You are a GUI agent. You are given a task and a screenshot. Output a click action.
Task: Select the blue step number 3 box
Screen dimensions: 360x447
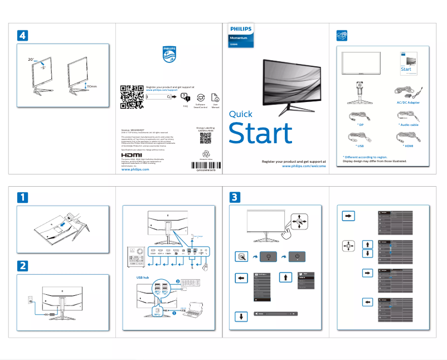(x=235, y=197)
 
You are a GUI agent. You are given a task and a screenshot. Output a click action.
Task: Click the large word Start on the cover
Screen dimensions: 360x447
(x=260, y=134)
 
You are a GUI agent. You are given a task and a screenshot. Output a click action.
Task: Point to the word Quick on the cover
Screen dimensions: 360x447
(x=241, y=114)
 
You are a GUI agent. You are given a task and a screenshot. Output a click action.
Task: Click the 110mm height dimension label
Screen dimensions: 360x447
(x=91, y=87)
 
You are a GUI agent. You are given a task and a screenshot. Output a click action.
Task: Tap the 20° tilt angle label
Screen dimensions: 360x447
(x=31, y=59)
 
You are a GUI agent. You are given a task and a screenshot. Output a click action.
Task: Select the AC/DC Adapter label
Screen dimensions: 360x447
(x=408, y=103)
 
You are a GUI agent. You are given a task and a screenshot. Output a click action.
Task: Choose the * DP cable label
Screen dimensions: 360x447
(x=349, y=125)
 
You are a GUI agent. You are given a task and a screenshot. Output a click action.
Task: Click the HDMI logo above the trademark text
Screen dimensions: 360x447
(x=132, y=155)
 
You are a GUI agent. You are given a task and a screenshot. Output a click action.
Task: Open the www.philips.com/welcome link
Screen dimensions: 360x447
(x=304, y=166)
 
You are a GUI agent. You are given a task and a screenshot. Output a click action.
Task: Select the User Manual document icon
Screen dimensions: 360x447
(x=216, y=96)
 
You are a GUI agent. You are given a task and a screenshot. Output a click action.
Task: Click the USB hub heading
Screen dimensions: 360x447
(x=143, y=276)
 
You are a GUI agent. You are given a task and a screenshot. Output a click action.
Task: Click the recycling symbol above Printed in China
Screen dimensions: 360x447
(x=206, y=153)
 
